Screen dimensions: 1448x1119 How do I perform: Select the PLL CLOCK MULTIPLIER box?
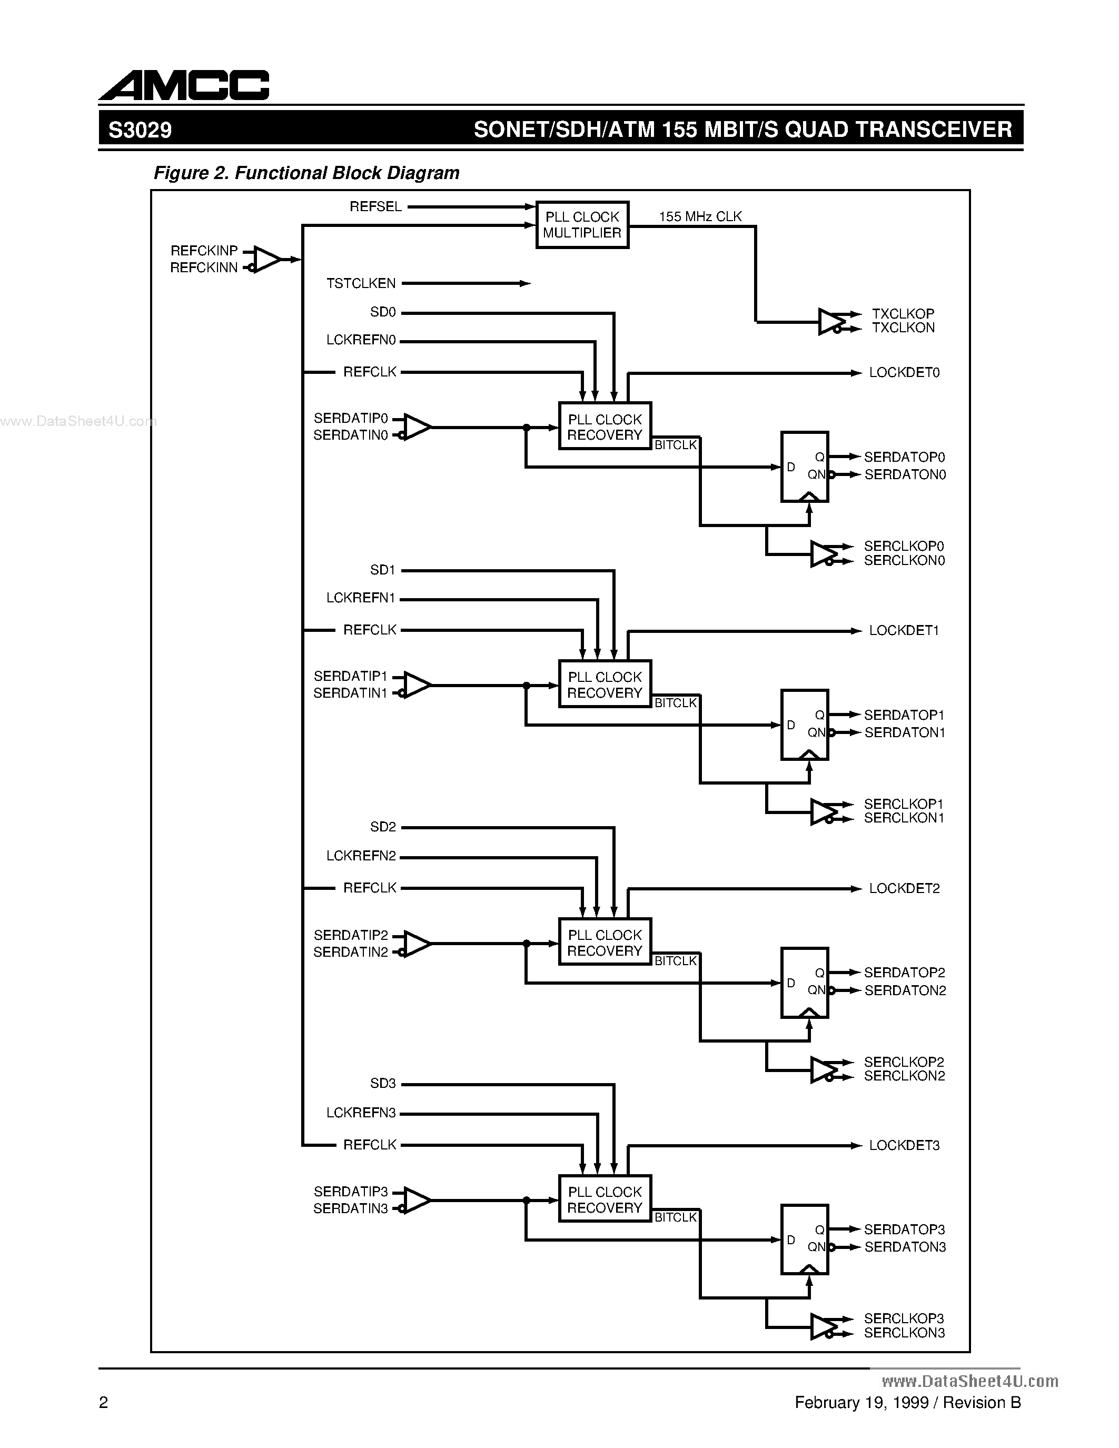[582, 225]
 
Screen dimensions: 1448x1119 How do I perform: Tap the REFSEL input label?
[375, 207]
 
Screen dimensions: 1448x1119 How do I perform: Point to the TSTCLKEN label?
[361, 284]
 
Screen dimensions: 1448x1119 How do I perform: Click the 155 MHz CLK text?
[700, 217]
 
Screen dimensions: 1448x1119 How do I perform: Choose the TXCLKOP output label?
[902, 313]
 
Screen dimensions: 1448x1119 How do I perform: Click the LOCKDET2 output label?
[904, 888]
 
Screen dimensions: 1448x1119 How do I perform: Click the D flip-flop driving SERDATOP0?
[804, 467]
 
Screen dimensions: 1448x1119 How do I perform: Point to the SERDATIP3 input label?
[351, 1192]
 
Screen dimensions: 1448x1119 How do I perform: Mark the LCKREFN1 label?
[361, 598]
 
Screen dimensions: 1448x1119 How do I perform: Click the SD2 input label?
[382, 827]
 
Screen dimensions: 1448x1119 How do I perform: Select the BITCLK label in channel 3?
[676, 1217]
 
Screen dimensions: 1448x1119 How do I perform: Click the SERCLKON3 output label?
[904, 1333]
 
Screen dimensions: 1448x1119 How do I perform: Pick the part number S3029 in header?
[140, 130]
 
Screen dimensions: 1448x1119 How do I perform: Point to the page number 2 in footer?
[103, 1402]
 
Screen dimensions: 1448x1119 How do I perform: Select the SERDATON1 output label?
[904, 732]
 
